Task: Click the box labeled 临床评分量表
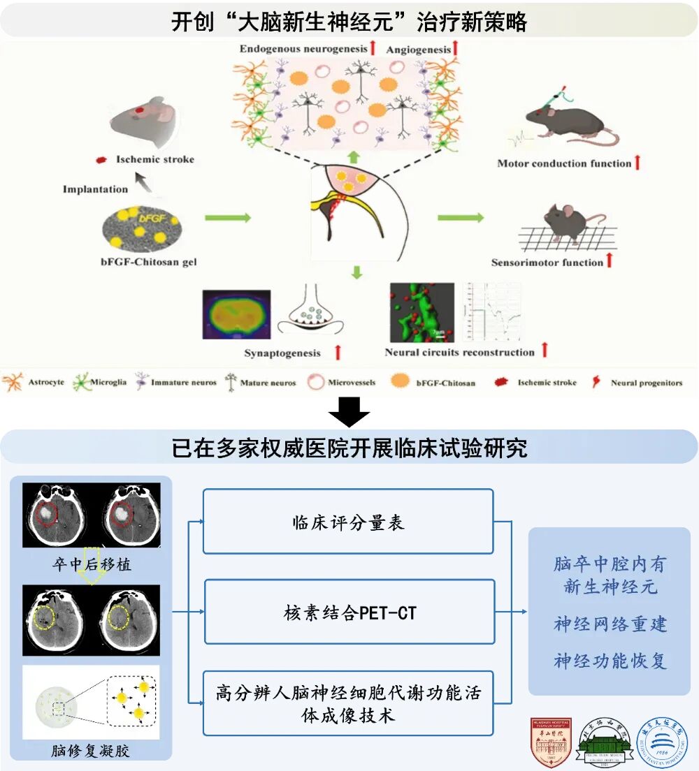point(348,522)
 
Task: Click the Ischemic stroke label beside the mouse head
point(154,159)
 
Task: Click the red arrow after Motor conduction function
point(637,163)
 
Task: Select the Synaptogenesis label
point(282,353)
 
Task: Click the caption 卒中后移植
point(92,564)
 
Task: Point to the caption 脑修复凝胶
point(92,751)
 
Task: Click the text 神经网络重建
point(610,624)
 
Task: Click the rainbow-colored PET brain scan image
point(236,315)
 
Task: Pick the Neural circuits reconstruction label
point(459,353)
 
